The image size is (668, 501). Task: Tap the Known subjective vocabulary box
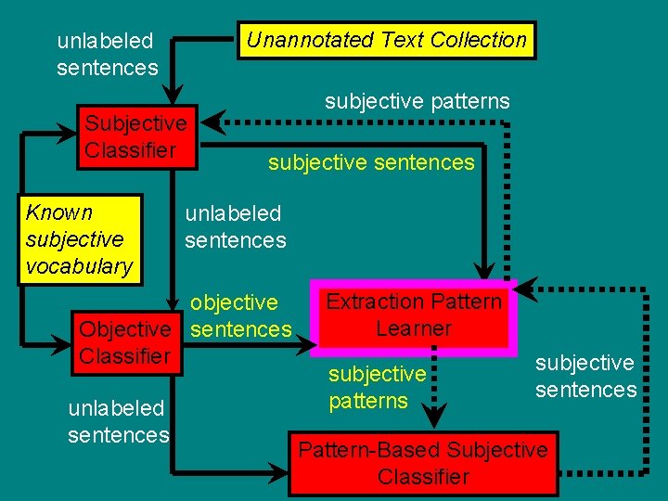tap(80, 239)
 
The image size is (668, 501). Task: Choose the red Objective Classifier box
tap(125, 342)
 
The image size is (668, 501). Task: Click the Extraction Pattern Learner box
tap(414, 315)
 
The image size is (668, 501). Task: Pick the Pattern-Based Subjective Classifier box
tap(423, 463)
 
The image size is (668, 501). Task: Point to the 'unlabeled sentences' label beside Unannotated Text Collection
tap(107, 54)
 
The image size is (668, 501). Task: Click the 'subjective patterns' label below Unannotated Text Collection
tap(417, 101)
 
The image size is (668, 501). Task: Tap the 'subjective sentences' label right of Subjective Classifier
tap(371, 163)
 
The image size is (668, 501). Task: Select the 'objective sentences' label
tap(240, 315)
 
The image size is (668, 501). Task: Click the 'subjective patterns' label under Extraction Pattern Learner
tap(378, 388)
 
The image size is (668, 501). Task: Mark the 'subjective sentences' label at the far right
tap(585, 376)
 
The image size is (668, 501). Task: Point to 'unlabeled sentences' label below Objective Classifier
tap(118, 421)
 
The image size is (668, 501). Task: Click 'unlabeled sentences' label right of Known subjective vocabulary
tap(235, 226)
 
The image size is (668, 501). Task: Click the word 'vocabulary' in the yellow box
tap(80, 266)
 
